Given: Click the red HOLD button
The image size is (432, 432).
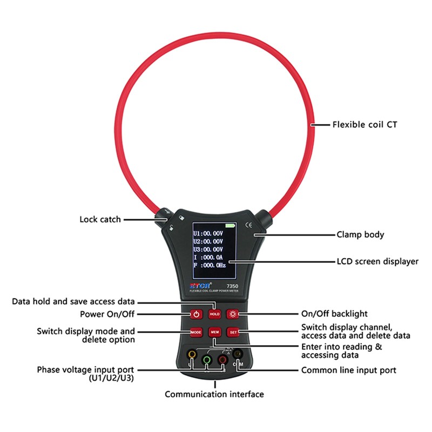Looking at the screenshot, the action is pyautogui.click(x=215, y=313).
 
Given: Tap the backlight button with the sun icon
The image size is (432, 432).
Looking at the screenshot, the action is pyautogui.click(x=233, y=313).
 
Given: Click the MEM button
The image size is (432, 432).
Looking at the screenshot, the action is pyautogui.click(x=215, y=331).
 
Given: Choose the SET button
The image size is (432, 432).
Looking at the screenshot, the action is pyautogui.click(x=233, y=331).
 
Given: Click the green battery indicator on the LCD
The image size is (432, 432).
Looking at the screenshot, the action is pyautogui.click(x=231, y=225).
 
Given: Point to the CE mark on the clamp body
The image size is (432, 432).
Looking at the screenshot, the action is pyautogui.click(x=248, y=226).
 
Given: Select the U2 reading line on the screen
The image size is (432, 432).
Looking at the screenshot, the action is pyautogui.click(x=208, y=241).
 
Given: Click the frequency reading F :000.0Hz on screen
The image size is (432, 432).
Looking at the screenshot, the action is pyautogui.click(x=210, y=266).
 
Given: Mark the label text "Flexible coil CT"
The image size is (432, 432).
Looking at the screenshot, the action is pyautogui.click(x=364, y=125).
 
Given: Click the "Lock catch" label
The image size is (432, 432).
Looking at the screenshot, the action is pyautogui.click(x=100, y=219).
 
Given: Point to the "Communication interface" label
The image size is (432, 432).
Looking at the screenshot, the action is pyautogui.click(x=214, y=394).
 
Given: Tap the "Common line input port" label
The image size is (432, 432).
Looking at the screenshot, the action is pyautogui.click(x=349, y=370).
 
